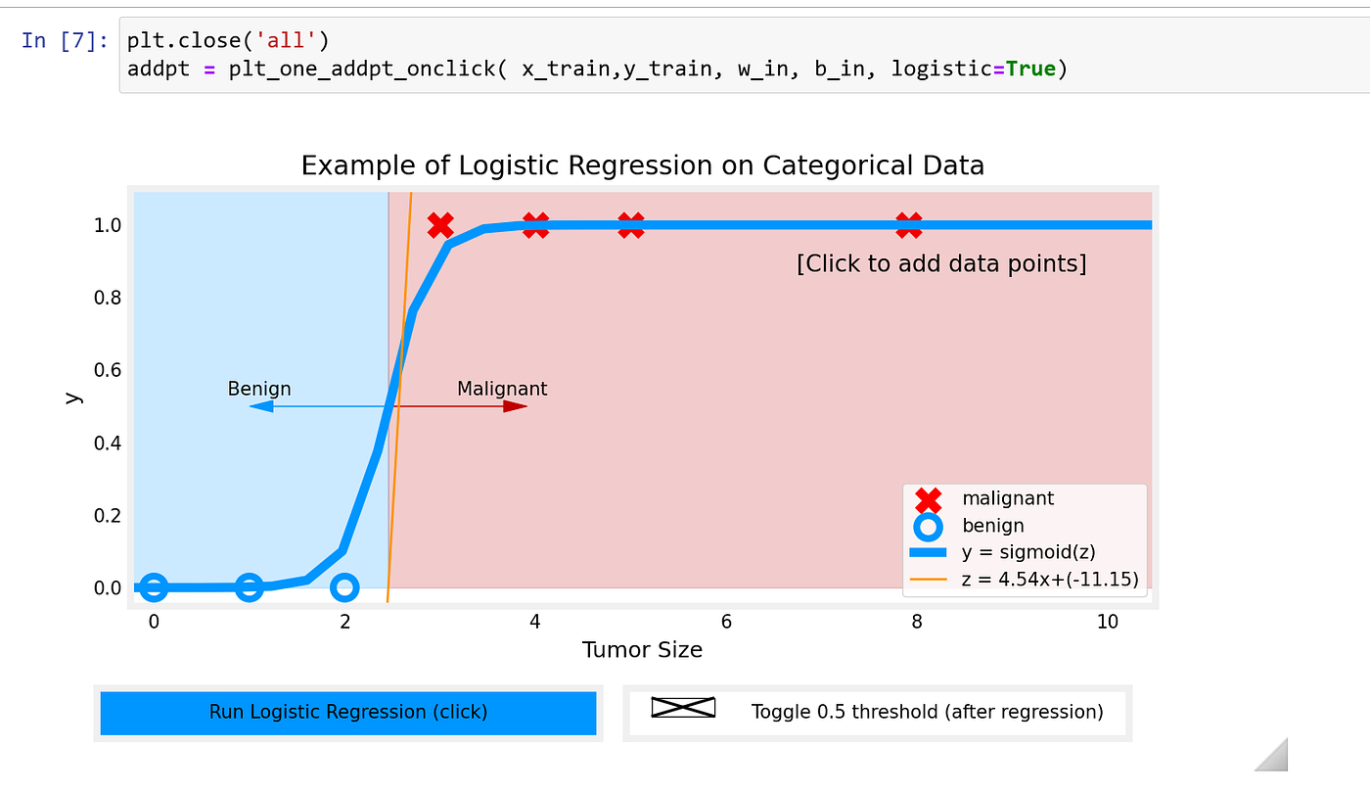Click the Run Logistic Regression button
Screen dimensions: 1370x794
(348, 713)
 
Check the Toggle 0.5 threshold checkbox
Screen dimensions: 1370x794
(683, 708)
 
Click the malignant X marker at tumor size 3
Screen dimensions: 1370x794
(440, 225)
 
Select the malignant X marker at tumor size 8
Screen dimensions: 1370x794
(909, 225)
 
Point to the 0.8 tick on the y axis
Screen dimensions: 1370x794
(108, 298)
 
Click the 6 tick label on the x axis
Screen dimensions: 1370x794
(726, 622)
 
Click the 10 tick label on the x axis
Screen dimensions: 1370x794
(1107, 622)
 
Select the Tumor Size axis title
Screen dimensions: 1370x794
(642, 650)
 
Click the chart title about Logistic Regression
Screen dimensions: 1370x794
(643, 165)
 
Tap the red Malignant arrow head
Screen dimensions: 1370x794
(516, 406)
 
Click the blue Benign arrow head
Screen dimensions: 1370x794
(261, 406)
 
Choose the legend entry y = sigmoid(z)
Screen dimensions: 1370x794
(1028, 552)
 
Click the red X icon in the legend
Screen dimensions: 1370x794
(928, 500)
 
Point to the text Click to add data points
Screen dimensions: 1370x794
(941, 263)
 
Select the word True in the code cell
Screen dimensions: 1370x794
(1030, 69)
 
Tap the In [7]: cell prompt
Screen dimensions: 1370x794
(65, 40)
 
